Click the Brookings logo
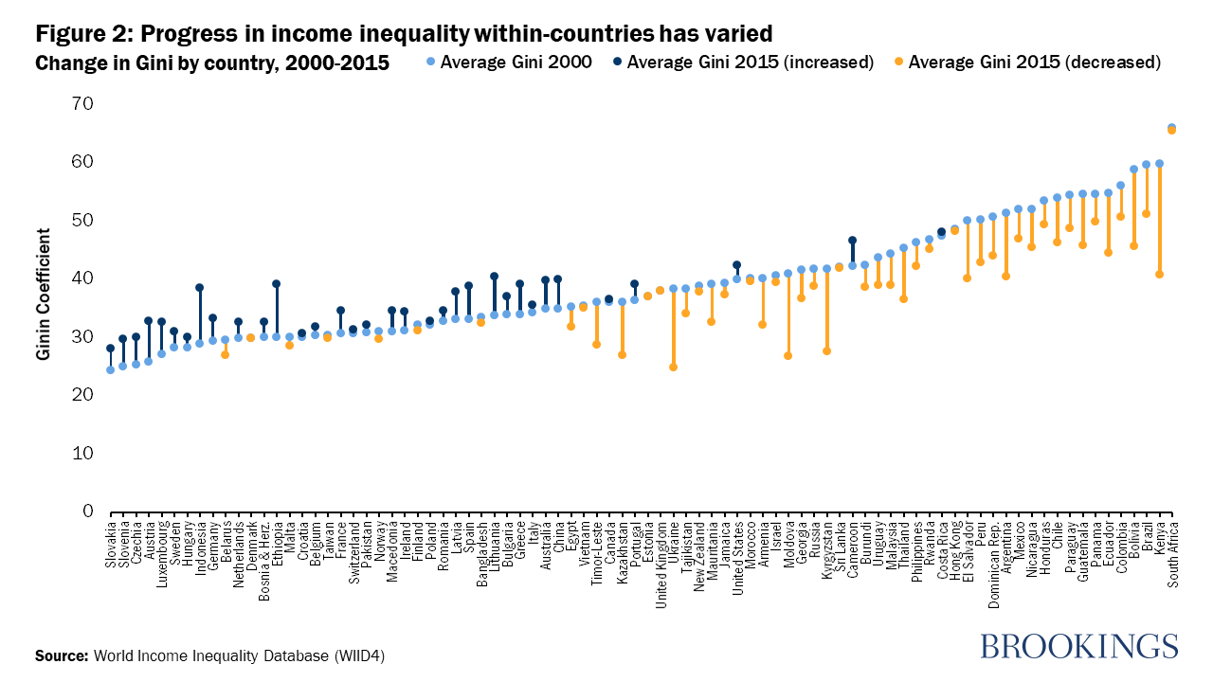pyautogui.click(x=1078, y=646)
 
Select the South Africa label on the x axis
pyautogui.click(x=1172, y=554)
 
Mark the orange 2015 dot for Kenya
pyautogui.click(x=1159, y=275)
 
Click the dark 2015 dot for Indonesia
pyautogui.click(x=199, y=287)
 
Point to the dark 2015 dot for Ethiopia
pyautogui.click(x=276, y=283)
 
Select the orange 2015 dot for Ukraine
pyautogui.click(x=673, y=367)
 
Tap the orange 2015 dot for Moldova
pyautogui.click(x=788, y=355)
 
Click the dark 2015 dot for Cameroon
pyautogui.click(x=852, y=240)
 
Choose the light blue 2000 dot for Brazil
pyautogui.click(x=1147, y=165)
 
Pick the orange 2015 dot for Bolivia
pyautogui.click(x=1133, y=246)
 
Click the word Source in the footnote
pyautogui.click(x=60, y=655)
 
